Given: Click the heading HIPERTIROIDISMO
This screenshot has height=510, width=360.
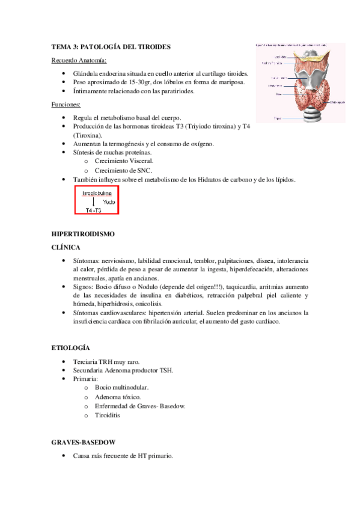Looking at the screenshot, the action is pos(82,233).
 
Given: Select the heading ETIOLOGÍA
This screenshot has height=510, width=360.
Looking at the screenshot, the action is pos(71,348).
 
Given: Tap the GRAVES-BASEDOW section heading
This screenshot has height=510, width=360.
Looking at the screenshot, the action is pos(83,442).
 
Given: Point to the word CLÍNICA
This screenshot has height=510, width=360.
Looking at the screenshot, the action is pos(67,247).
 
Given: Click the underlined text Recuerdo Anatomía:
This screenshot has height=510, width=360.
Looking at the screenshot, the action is pos(79,61).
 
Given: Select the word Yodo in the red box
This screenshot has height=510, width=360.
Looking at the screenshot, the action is pos(109,202).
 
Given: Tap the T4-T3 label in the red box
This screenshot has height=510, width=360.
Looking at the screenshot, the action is pos(93,210).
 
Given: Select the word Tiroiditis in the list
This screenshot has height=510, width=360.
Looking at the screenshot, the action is pos(109,416).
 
